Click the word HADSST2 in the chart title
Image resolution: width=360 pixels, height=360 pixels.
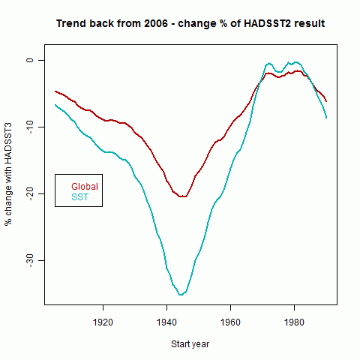[x=267, y=23]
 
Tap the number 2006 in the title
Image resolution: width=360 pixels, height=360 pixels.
[x=156, y=23]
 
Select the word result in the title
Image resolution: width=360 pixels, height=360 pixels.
[x=310, y=23]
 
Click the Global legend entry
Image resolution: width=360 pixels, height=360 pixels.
[x=85, y=187]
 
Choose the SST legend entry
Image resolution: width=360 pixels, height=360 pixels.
[x=80, y=197]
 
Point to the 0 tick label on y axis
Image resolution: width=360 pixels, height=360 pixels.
[x=30, y=60]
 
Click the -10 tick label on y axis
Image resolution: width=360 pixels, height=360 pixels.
[x=30, y=127]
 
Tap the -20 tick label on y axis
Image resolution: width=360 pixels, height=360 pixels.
[x=30, y=194]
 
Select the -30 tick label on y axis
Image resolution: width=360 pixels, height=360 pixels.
[x=30, y=261]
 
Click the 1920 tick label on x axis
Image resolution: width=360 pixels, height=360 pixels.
[x=103, y=322]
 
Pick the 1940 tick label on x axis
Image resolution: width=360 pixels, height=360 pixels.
[x=166, y=322]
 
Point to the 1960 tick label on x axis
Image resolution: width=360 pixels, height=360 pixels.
[x=230, y=322]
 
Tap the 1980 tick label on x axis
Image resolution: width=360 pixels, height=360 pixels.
[x=294, y=322]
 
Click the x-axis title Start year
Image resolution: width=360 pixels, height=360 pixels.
[x=190, y=344]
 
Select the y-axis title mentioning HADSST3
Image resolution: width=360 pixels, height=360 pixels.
[x=8, y=174]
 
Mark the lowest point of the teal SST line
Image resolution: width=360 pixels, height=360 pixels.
[x=181, y=295]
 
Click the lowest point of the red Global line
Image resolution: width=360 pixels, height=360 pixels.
[x=182, y=196]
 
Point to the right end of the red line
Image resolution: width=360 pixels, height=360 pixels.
[x=326, y=101]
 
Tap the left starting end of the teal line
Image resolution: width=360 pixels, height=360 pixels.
[x=55, y=105]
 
